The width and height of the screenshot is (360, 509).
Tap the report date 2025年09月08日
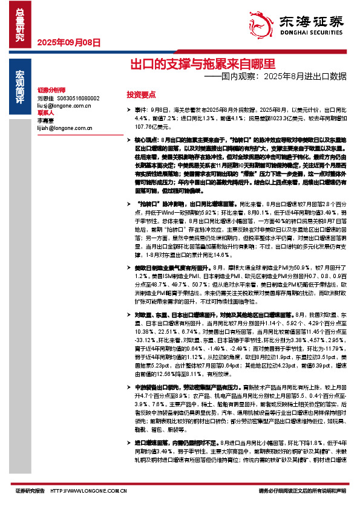(x=69, y=42)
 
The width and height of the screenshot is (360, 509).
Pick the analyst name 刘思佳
(x=45, y=98)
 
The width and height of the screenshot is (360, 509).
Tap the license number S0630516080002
(x=78, y=98)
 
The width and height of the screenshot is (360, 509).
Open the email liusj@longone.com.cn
(x=64, y=105)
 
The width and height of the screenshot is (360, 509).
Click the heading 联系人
(x=46, y=112)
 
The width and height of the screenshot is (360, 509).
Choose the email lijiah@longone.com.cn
(x=64, y=128)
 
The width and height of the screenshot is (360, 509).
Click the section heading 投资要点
(x=141, y=95)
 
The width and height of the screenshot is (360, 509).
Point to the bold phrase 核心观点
(x=148, y=140)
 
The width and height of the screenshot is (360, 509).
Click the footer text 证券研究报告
(x=30, y=491)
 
